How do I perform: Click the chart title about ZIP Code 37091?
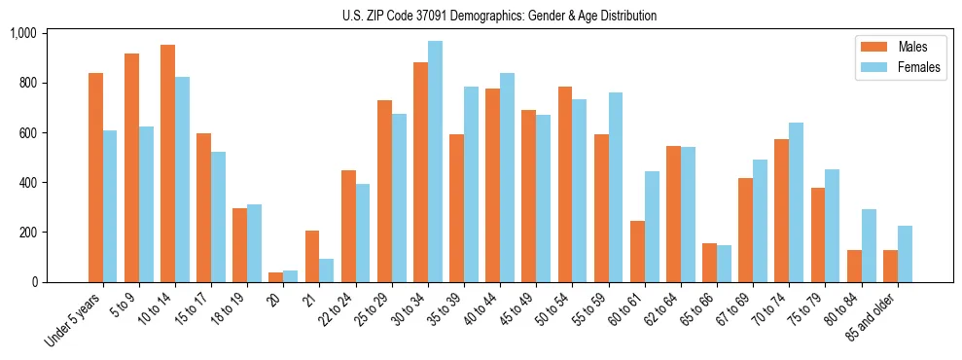pos(499,16)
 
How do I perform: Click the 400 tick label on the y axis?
pos(26,183)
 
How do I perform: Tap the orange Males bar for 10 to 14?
pos(168,163)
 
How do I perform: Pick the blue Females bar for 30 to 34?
pos(435,162)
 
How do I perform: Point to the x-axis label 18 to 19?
pos(229,307)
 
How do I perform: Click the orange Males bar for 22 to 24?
pos(348,226)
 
